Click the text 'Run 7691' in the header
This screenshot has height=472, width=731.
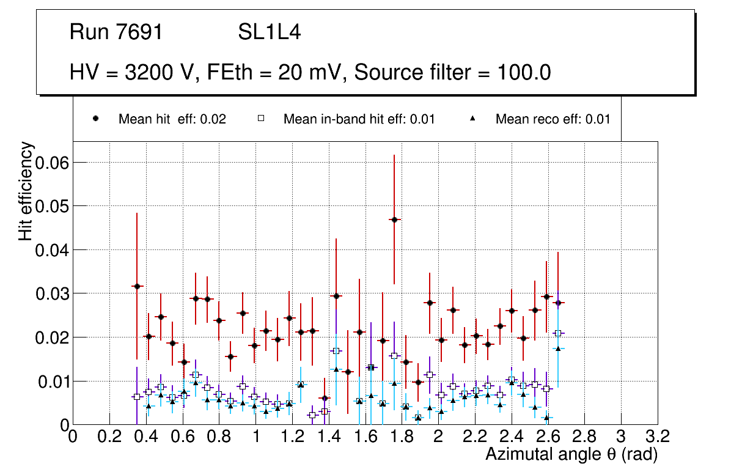click(116, 32)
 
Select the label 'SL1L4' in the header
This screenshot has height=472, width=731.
click(269, 32)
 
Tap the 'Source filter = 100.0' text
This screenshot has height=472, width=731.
click(452, 73)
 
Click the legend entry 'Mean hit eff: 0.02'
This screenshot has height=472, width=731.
click(172, 119)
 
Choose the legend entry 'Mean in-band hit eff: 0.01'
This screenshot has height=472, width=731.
click(359, 119)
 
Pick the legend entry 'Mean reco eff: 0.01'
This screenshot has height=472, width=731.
click(553, 119)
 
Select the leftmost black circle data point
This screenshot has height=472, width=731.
click(137, 286)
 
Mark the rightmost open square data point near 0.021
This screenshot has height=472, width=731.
click(557, 333)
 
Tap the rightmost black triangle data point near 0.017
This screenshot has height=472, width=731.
click(557, 348)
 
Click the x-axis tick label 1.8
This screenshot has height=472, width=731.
click(402, 437)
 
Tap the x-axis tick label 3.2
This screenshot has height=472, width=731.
click(657, 437)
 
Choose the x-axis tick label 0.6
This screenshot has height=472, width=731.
click(182, 437)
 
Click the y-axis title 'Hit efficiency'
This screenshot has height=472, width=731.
click(26, 191)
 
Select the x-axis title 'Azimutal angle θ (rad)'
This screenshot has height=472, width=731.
click(571, 454)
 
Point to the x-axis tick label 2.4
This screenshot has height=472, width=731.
click(511, 437)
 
